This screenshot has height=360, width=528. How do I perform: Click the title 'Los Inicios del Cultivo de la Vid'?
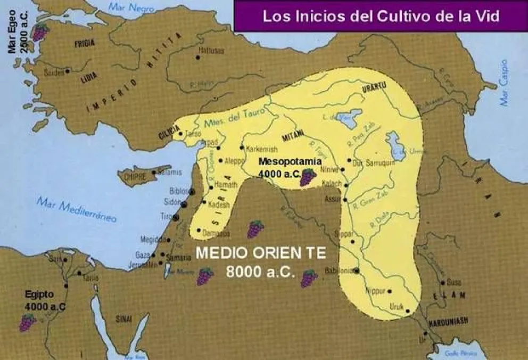pyautogui.click(x=381, y=16)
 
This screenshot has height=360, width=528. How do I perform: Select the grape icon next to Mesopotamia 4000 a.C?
pyautogui.click(x=307, y=177)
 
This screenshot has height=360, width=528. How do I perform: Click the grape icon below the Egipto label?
pyautogui.click(x=27, y=322)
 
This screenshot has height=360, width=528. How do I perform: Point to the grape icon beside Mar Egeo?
pyautogui.click(x=39, y=31)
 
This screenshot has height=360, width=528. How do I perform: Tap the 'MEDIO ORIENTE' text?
pyautogui.click(x=260, y=252)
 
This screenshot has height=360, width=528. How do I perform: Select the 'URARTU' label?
pyautogui.click(x=374, y=88)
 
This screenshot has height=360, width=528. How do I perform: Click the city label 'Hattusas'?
pyautogui.click(x=211, y=51)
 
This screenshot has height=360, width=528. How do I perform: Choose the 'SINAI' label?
pyautogui.click(x=123, y=318)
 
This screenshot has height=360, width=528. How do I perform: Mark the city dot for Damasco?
pyautogui.click(x=198, y=231)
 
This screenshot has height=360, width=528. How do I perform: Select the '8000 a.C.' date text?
pyautogui.click(x=260, y=271)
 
